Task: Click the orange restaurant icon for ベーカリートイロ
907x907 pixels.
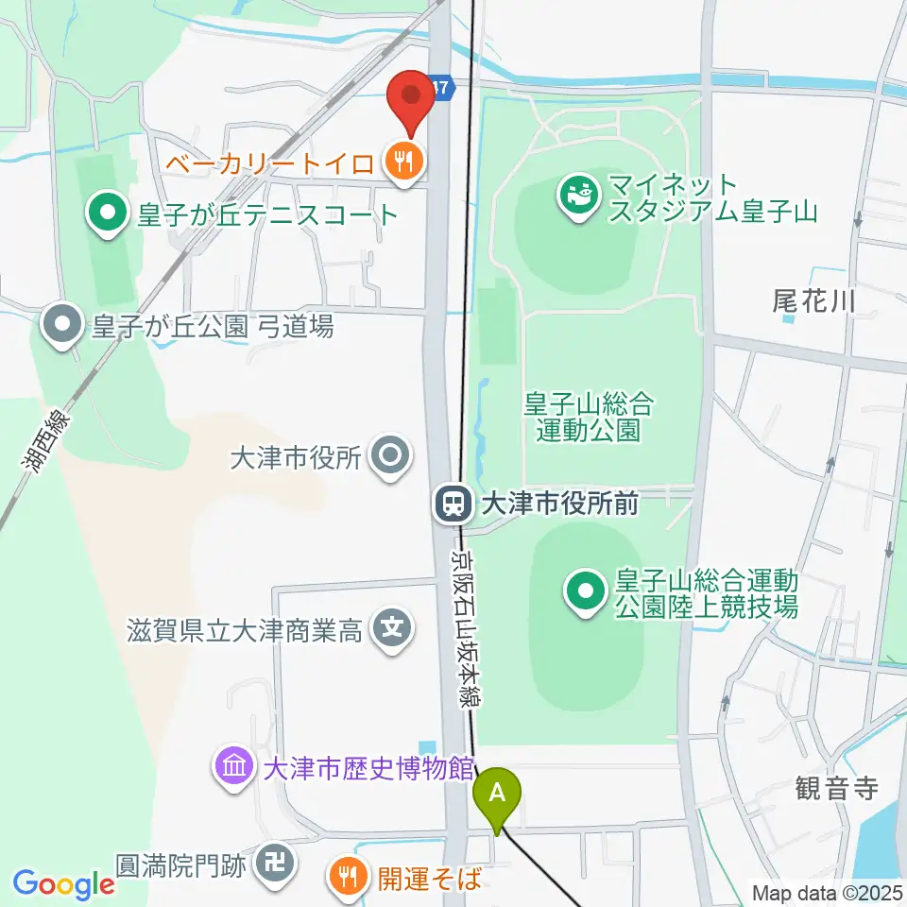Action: pos(403,164)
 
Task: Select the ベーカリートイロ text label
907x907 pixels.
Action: pos(270,164)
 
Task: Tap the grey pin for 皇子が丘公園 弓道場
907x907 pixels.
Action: pos(63,326)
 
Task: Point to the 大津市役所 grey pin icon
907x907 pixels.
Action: pos(390,458)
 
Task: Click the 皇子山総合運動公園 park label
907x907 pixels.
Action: pos(589,418)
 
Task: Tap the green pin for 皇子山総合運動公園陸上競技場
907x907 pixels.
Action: pos(585,592)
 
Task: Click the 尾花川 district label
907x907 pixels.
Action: pos(813,302)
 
